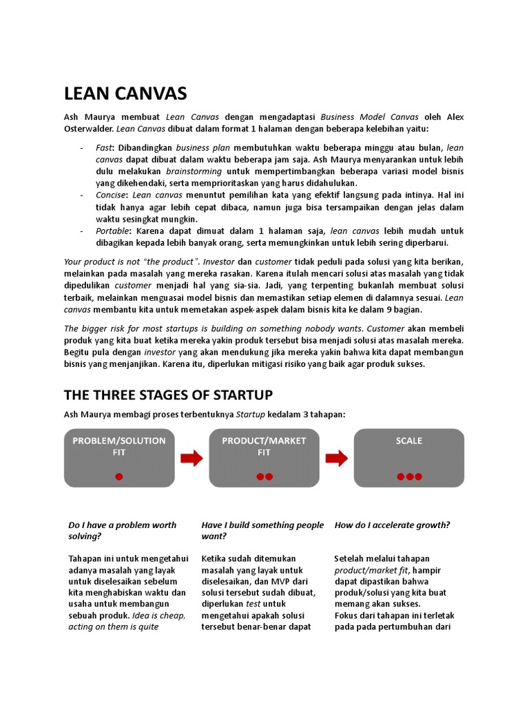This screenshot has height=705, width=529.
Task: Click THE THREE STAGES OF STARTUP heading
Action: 168,394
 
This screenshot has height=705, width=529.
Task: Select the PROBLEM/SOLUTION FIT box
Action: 119,458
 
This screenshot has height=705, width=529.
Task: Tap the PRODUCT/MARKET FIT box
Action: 264,458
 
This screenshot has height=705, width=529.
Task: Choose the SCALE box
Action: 408,458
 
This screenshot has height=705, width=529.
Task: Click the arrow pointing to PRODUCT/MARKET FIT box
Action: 191,458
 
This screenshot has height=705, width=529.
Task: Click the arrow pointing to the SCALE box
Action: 336,458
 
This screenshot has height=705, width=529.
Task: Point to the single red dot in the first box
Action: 119,476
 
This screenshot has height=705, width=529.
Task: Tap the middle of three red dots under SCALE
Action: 409,476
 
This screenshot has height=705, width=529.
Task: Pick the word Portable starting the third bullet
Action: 112,231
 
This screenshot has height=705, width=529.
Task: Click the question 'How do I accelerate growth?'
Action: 392,525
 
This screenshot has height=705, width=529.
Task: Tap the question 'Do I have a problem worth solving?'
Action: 122,530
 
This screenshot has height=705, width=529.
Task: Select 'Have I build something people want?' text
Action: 262,530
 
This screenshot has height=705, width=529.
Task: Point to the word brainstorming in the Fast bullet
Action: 194,171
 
